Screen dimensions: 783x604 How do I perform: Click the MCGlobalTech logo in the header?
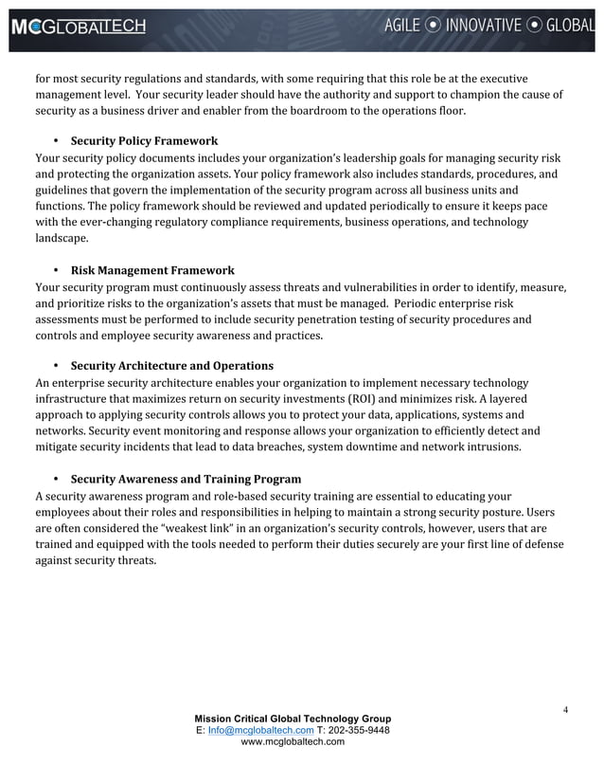(79, 27)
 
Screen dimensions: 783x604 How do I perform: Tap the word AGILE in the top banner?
(408, 26)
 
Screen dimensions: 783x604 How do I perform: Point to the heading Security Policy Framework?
(144, 140)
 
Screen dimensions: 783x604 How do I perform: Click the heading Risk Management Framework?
(152, 270)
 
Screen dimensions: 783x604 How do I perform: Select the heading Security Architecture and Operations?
(171, 365)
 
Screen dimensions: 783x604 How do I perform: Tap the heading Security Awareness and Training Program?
(186, 479)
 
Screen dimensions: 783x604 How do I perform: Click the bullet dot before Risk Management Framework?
(57, 270)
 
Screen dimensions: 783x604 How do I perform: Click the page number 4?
(564, 710)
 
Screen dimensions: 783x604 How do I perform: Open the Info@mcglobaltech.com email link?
(254, 730)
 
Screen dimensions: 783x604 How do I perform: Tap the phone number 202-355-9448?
(356, 730)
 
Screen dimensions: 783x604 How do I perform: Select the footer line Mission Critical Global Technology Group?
(292, 719)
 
